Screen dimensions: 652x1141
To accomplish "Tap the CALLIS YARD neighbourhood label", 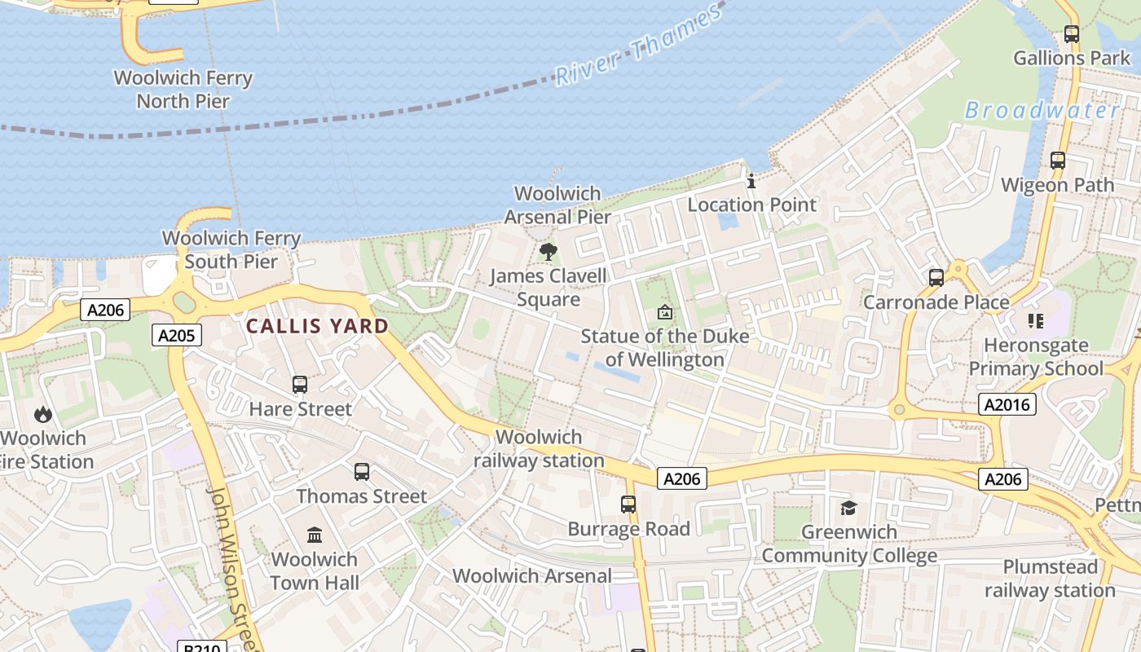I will tap(317, 326).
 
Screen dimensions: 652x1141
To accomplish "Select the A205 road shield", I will tap(176, 335).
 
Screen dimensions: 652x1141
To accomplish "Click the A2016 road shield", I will tap(1007, 404).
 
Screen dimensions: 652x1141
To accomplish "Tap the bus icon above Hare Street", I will tap(300, 385).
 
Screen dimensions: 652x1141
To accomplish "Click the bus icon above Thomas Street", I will tap(362, 472).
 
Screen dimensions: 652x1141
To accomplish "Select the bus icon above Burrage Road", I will tap(628, 504).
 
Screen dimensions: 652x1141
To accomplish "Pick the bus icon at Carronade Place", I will tap(936, 278).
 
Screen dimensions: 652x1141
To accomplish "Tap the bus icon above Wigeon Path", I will tap(1058, 161).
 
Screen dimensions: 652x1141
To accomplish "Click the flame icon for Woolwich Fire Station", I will tap(43, 415).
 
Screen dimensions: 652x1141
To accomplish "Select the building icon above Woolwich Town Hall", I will tap(315, 535).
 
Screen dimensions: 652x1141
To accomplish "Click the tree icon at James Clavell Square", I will tap(548, 251).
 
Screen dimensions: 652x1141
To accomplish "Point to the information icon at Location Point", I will tap(751, 181).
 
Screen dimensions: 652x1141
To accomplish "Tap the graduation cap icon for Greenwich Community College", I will tap(849, 509).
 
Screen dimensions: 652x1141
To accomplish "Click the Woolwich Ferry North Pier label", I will tap(183, 90).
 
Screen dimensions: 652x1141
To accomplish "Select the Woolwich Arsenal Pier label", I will tap(557, 205).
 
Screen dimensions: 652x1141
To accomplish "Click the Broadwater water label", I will tap(1042, 110).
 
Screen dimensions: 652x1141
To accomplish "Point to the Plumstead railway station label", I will tap(1050, 578).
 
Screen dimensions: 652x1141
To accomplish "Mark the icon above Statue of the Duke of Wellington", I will tap(665, 312).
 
